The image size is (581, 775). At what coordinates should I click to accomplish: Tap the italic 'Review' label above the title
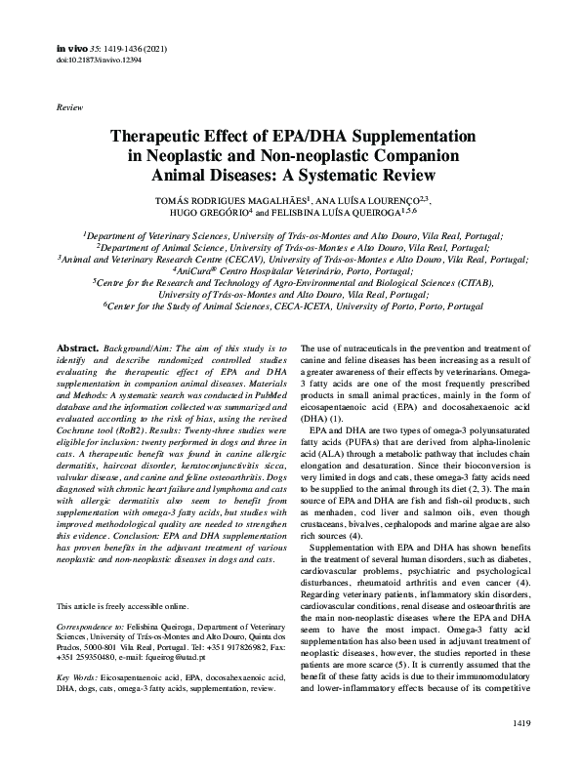tap(70, 104)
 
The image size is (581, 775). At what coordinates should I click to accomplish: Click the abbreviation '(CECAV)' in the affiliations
tap(247, 261)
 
